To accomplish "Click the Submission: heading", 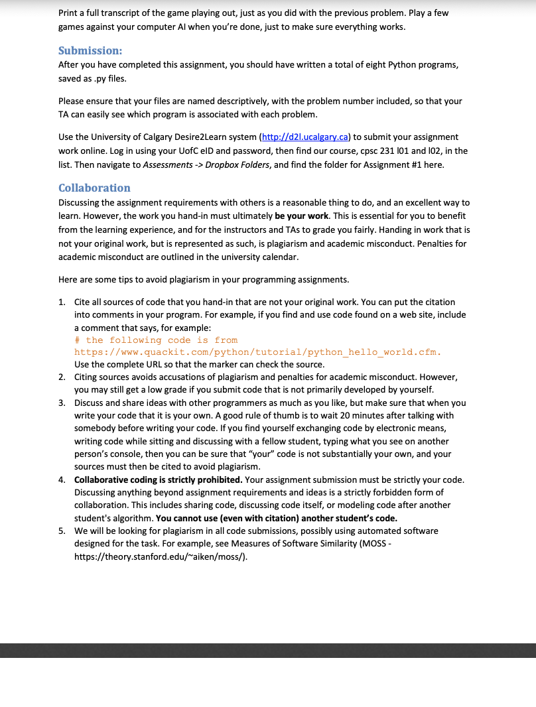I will click(90, 51).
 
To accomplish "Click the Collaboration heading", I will click(94, 188).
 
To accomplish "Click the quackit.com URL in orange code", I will click(258, 352).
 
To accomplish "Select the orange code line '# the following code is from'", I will click(156, 340).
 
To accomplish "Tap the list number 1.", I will click(61, 302).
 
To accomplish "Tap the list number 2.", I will click(61, 377).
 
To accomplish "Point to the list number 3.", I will click(61, 403).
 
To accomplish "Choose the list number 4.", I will click(61, 480).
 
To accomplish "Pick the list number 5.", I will click(61, 531).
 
